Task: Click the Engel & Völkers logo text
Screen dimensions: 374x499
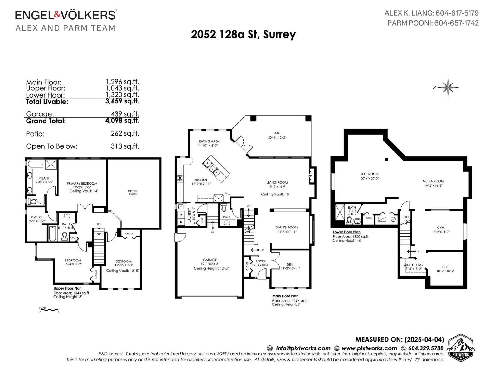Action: point(65,15)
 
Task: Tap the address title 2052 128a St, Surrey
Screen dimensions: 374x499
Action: point(243,34)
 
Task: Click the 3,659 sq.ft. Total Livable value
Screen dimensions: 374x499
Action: point(122,101)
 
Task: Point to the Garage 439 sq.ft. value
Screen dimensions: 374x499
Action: point(125,114)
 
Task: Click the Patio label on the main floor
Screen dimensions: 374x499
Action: point(277,133)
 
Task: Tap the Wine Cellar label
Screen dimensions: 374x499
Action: point(413,265)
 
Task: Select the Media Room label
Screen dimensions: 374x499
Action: point(433,181)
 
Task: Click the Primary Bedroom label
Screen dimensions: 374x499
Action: point(82,183)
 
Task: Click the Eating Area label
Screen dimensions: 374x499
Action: point(209,141)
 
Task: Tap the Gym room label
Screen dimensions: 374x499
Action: point(440,228)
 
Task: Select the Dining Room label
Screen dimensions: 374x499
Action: point(286,228)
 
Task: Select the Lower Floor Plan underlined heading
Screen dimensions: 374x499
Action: point(346,232)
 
